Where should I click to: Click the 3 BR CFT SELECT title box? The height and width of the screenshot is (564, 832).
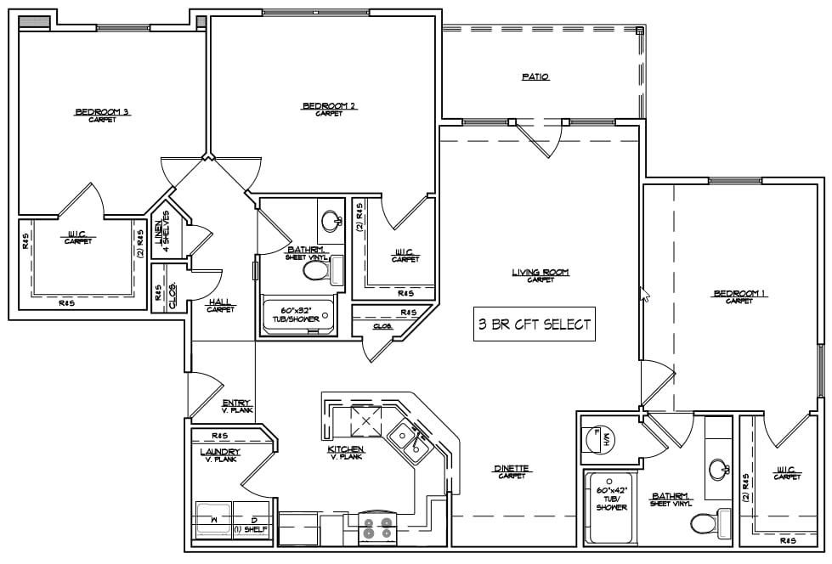534,324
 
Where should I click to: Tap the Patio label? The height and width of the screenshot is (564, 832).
535,76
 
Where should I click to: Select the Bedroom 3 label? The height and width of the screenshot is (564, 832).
101,112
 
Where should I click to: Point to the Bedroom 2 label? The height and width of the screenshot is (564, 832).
328,106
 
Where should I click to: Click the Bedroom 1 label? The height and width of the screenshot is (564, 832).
739,294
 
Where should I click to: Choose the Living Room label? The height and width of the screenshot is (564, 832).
540,273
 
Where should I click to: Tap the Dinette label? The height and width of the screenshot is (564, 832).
512,469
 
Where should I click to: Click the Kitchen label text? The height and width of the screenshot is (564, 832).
346,449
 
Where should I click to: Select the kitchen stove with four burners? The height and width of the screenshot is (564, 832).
379,527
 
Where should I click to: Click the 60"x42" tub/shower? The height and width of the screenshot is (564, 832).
610,507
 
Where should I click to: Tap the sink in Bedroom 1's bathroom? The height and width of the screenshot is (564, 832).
719,468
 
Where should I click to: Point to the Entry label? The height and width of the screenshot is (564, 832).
235,406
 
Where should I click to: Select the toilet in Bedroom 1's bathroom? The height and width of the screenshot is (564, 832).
707,522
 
